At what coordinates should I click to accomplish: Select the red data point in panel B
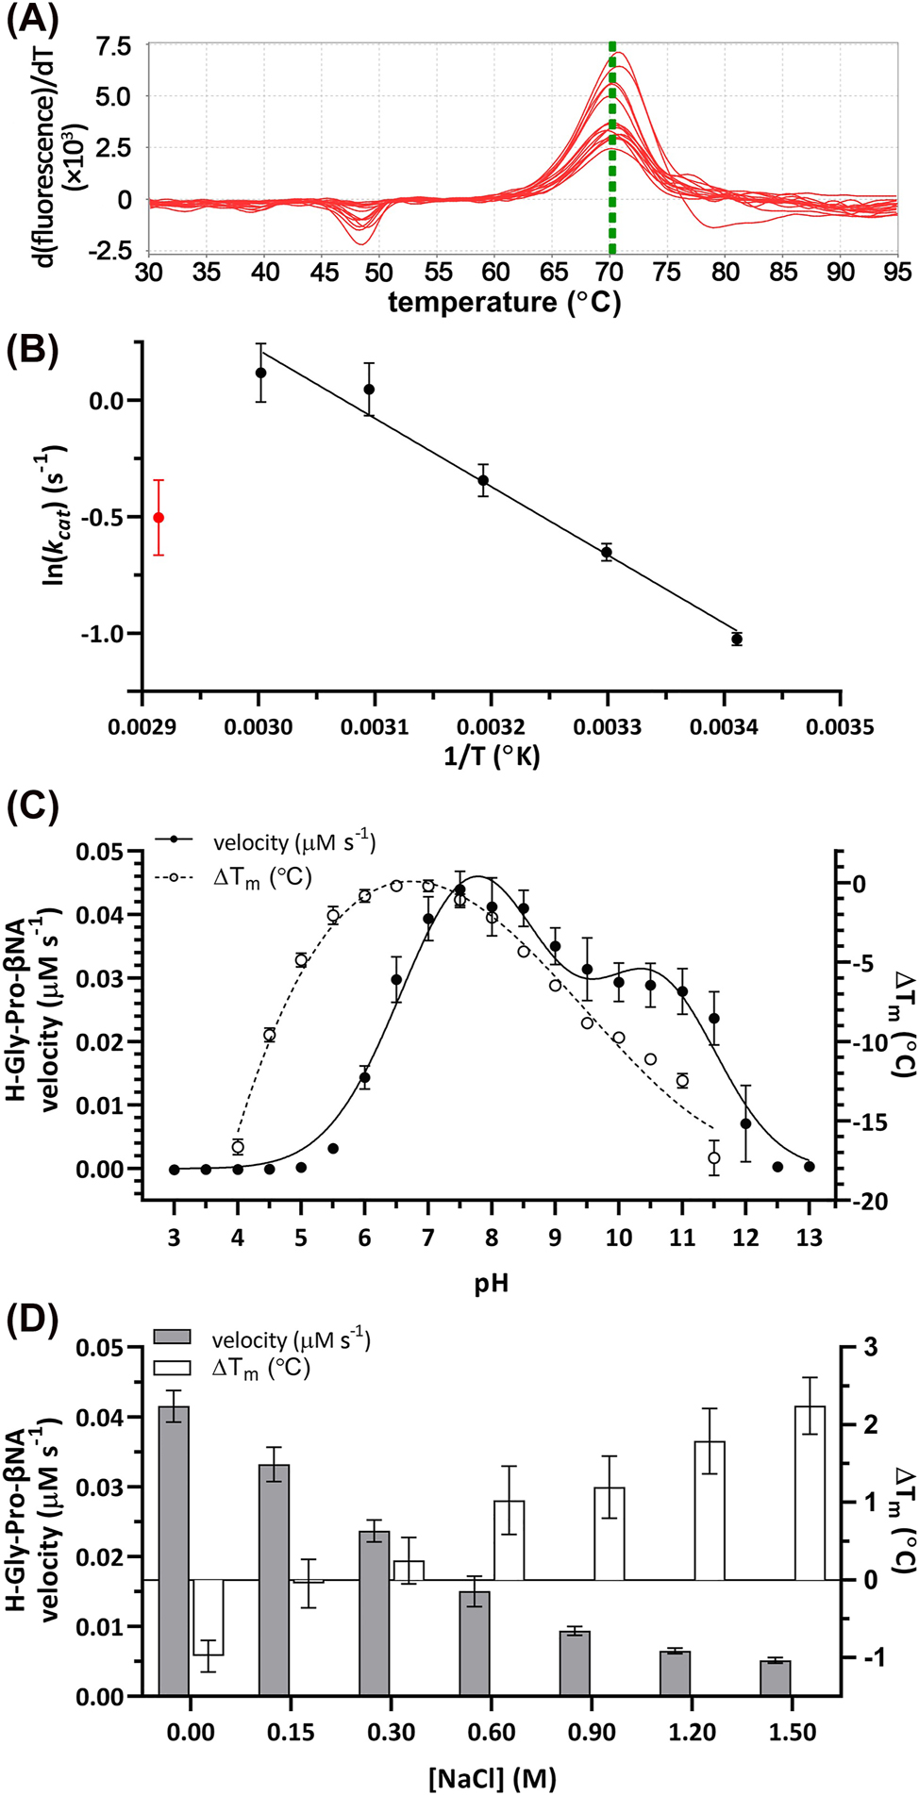tap(159, 518)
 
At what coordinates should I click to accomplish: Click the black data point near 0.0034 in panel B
tap(737, 640)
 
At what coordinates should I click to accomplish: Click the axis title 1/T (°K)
tap(492, 756)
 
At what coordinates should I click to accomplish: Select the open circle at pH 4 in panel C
tap(238, 1147)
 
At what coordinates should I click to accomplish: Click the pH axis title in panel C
tap(492, 1283)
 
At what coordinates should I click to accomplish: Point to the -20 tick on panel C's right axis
tap(868, 1201)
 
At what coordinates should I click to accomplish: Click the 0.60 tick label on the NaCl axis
tap(492, 1733)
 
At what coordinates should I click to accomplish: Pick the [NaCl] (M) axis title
tap(492, 1778)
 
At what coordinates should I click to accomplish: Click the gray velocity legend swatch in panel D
tap(172, 1337)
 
